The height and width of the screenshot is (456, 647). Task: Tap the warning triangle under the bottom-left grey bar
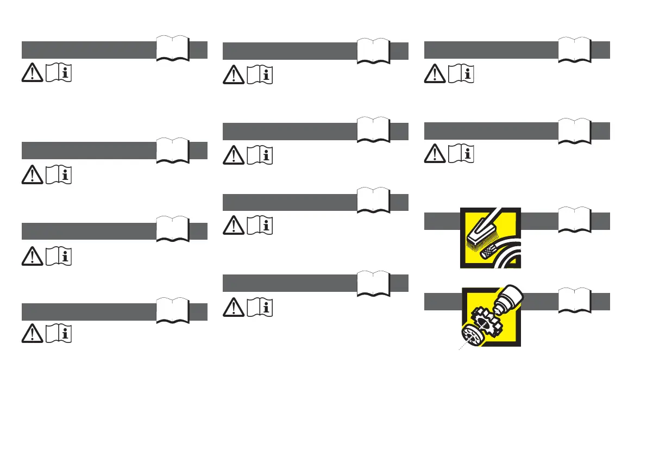click(x=33, y=334)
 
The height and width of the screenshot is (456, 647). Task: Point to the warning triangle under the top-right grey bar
click(x=435, y=73)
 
